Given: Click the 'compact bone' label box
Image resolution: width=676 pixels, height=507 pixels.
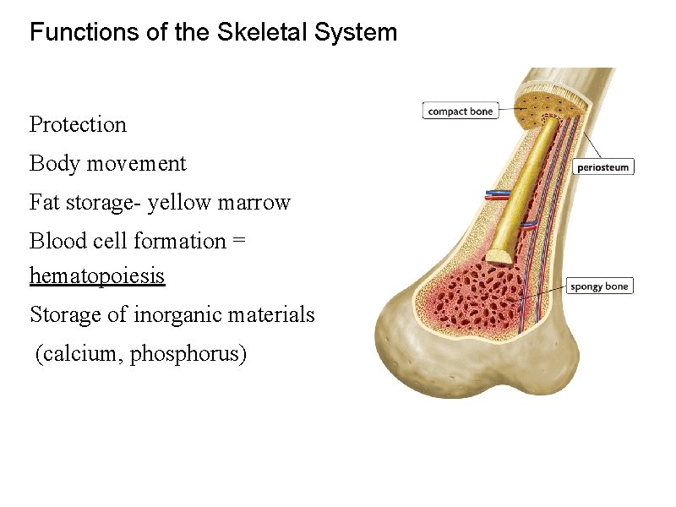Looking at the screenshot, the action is (461, 111).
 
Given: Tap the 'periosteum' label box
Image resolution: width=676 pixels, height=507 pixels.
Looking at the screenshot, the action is (603, 167).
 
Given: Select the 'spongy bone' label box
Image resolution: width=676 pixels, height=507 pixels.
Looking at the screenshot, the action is (599, 286).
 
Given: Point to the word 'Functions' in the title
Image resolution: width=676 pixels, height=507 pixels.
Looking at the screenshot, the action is (77, 33).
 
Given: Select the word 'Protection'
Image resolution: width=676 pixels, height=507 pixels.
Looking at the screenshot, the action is (78, 124).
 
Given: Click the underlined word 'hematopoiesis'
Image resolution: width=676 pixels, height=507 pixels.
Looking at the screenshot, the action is (97, 276).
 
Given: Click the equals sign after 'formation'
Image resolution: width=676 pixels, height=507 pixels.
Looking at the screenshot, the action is (239, 242).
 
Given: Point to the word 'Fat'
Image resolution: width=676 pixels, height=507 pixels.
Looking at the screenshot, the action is (44, 203).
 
